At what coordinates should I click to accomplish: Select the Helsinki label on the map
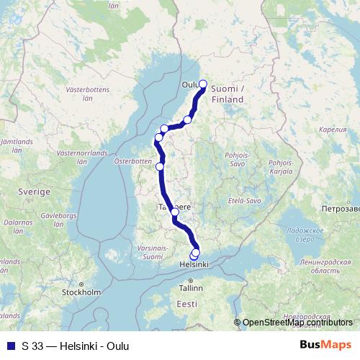coord(194,265)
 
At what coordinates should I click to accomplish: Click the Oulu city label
coord(190,84)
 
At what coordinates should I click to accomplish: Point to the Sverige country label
coord(34,193)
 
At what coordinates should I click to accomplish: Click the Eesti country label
coord(186,305)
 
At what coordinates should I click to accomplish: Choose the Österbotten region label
coord(131,162)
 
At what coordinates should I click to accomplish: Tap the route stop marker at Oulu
coord(202,84)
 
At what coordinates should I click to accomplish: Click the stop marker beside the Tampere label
coord(174,212)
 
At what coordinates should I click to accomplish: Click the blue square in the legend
coord(9,346)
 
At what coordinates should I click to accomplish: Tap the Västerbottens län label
coord(85,96)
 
